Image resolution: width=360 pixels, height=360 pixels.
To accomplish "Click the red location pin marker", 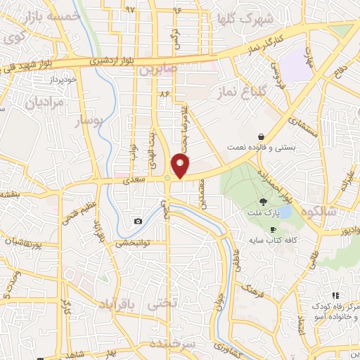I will (181, 164).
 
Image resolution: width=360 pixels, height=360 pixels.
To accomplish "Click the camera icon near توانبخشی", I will (138, 221).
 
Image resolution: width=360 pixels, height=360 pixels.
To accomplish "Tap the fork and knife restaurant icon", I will (336, 295).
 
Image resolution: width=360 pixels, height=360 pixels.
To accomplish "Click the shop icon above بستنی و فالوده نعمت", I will (261, 137).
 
